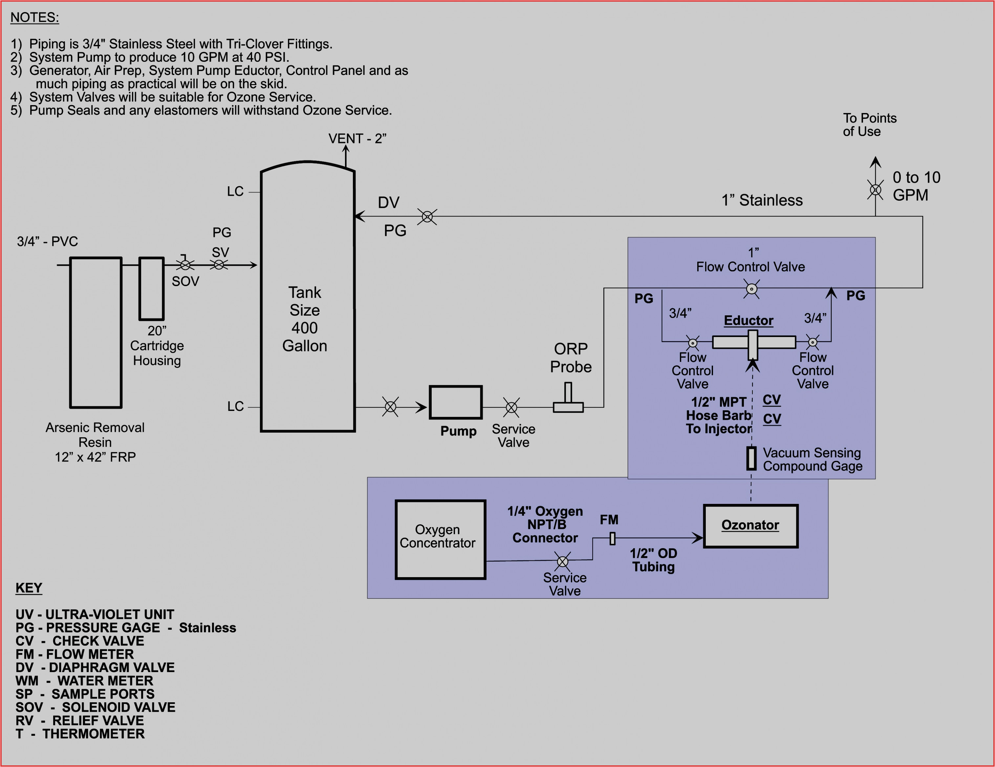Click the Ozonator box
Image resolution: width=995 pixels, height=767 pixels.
[x=750, y=526]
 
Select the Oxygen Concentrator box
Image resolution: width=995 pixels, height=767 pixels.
[x=440, y=539]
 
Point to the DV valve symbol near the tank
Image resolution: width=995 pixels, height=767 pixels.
[x=427, y=216]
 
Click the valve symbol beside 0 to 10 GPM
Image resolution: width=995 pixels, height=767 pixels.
[x=875, y=189]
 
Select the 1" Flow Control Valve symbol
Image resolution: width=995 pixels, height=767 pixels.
[x=751, y=289]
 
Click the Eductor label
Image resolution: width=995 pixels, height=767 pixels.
[x=748, y=321]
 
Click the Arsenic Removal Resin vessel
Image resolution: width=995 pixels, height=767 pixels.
[x=96, y=332]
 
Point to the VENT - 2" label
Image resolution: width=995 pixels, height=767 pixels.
[x=357, y=139]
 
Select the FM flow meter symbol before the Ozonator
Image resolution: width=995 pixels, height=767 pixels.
[x=612, y=538]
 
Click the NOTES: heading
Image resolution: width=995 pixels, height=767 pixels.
[x=34, y=17]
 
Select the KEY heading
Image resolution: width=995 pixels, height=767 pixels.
[x=29, y=588]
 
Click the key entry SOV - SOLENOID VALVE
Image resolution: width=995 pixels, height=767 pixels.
[x=95, y=707]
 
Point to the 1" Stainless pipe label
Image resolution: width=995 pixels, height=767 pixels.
[x=762, y=200]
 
